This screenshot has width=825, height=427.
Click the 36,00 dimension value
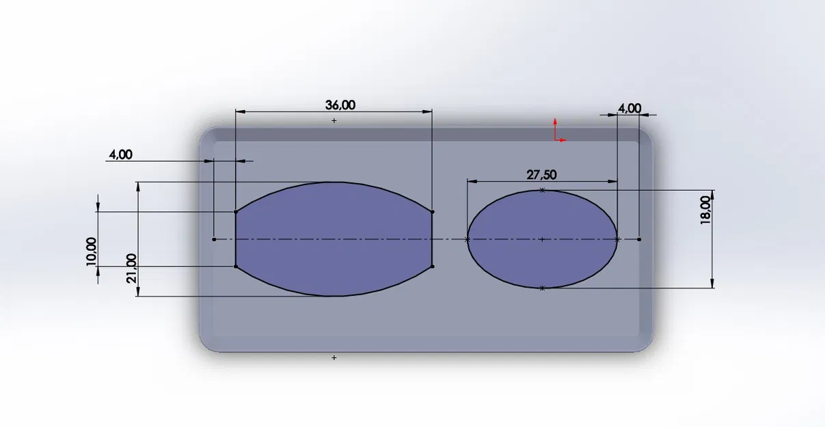[340, 105]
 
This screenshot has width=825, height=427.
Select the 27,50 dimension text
[541, 174]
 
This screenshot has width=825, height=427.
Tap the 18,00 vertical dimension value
[705, 210]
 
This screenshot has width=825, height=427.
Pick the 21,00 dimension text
[131, 268]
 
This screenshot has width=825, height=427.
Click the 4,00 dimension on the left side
[120, 154]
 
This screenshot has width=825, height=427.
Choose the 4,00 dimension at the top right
[630, 108]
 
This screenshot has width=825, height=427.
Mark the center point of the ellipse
[542, 239]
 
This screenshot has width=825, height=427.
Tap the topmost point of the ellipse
[542, 190]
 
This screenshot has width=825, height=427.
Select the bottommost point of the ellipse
[542, 288]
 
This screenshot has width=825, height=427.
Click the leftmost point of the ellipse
[468, 239]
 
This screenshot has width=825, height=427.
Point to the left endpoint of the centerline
[215, 239]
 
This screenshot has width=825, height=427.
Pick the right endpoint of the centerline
[639, 239]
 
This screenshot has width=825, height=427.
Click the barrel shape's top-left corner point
[236, 212]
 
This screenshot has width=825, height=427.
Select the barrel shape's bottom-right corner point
[433, 266]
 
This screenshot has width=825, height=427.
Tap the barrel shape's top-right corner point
[433, 212]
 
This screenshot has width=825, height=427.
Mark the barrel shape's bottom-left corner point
[236, 266]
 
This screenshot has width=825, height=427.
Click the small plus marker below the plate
[334, 357]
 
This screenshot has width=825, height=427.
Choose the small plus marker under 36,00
[334, 120]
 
